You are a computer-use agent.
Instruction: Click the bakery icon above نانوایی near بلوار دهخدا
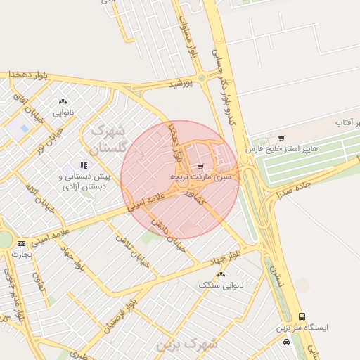(64, 101)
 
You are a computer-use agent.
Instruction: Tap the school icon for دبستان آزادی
(83, 166)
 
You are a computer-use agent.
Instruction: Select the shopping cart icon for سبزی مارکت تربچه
(201, 167)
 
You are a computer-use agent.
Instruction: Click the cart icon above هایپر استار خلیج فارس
(281, 139)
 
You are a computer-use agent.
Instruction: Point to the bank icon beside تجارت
(20, 243)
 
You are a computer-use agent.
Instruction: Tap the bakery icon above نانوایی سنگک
(221, 274)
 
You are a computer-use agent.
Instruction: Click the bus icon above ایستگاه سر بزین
(302, 317)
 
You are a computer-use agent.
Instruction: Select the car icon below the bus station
(286, 342)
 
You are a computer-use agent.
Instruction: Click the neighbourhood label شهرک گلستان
(107, 139)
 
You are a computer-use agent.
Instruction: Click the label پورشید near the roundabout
(180, 84)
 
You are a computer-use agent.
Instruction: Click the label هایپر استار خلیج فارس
(279, 150)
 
